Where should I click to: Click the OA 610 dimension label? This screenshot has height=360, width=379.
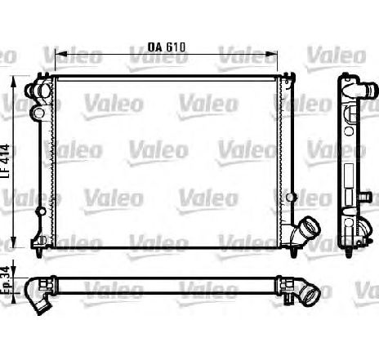pyautogui.click(x=167, y=47)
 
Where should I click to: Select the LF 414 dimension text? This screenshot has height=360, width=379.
pyautogui.click(x=5, y=161)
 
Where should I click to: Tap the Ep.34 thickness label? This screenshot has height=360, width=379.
pyautogui.click(x=5, y=280)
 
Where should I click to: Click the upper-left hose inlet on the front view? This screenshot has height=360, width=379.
pyautogui.click(x=38, y=91)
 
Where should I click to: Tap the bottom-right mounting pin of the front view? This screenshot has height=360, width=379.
pyautogui.click(x=293, y=252)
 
